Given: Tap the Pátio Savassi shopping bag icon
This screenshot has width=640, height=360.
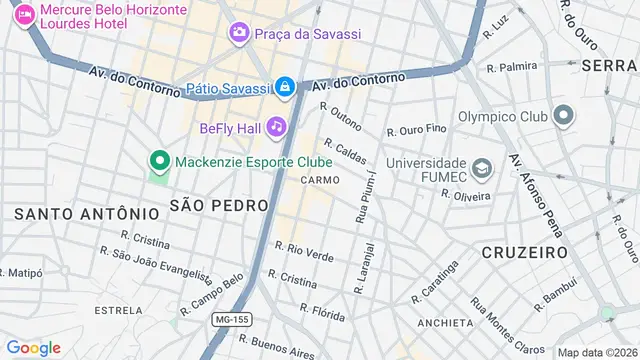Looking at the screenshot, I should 285,88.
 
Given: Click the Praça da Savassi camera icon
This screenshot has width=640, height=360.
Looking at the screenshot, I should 239,34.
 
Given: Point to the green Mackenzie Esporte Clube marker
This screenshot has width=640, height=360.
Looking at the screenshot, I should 158,161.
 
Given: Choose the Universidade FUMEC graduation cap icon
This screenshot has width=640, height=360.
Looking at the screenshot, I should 482,166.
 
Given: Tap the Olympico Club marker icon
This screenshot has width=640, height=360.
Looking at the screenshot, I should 563,116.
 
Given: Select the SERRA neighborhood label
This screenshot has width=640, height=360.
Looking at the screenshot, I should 610,64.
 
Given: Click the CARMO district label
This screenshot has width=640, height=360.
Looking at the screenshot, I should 319,180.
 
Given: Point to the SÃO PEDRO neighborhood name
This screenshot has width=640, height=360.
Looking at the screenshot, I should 219,205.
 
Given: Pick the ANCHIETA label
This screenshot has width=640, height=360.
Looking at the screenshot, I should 445,323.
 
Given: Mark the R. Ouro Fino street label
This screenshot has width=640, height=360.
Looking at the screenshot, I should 417,130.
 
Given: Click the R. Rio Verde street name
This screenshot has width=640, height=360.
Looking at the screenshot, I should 304,250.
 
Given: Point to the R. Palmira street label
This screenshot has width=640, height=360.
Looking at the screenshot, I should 511,68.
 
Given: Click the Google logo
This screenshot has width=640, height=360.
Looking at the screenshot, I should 33,347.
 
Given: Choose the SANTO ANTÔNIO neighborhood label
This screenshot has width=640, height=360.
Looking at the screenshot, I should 86,213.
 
